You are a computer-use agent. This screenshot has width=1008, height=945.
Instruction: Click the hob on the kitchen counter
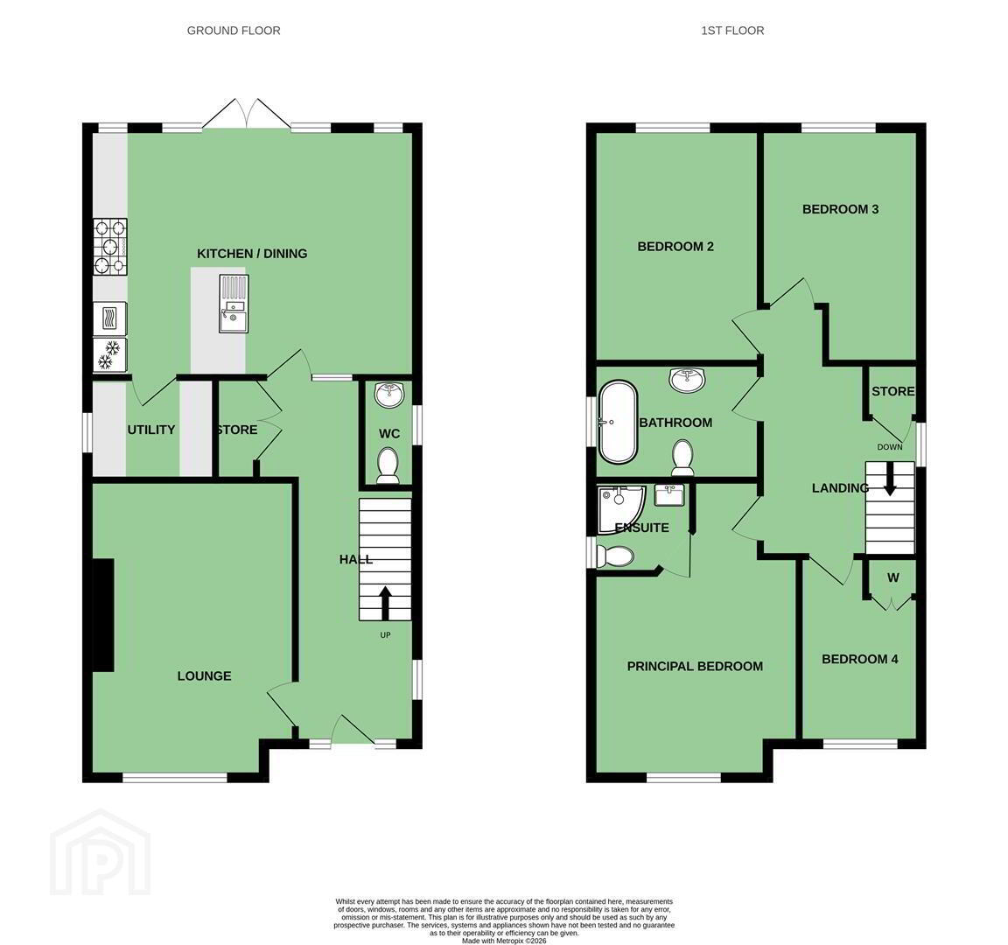110,246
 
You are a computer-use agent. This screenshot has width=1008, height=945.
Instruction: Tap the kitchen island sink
234,304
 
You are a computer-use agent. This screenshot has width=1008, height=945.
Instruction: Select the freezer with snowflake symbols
110,355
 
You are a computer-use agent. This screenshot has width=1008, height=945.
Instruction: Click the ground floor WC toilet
388,465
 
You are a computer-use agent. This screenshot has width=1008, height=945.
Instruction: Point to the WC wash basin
388,394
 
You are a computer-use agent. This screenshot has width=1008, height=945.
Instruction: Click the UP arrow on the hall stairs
385,602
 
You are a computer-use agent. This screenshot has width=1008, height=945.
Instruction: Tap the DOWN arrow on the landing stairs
890,479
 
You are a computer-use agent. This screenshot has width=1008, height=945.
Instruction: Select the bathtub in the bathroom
618,423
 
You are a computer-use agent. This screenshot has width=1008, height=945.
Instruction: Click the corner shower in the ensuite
620,509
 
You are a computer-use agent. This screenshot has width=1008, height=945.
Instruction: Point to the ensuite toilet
615,556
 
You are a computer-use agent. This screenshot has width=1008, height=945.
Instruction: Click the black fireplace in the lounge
103,615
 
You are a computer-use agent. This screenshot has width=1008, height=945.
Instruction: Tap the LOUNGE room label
205,675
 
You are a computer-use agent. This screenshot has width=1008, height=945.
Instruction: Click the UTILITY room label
151,430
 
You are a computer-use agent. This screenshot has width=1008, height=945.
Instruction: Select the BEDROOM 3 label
840,209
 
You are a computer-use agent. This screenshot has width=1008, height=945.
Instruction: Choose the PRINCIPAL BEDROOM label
695,666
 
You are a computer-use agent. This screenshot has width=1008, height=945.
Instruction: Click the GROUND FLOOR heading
234,31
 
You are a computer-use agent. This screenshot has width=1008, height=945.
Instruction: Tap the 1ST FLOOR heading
732,31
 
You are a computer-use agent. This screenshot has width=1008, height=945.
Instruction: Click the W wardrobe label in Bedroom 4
892,577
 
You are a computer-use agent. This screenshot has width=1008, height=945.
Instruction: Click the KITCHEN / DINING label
252,253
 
